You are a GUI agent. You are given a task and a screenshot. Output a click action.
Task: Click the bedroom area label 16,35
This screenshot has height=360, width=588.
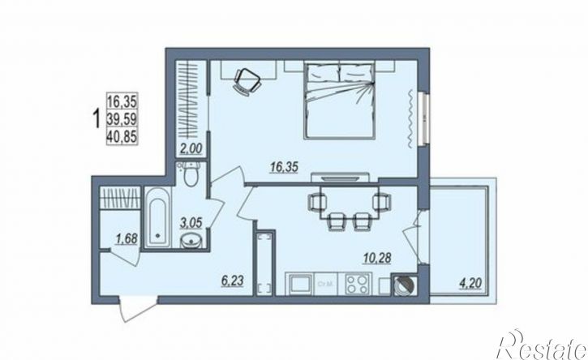tap(284, 167)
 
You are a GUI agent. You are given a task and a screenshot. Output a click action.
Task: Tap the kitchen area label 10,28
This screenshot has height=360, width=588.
tap(377, 258)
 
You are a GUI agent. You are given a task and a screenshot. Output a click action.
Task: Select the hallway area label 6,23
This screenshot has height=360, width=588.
tap(233, 280)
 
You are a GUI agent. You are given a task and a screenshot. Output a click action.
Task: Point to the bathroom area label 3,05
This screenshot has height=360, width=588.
tap(191, 223)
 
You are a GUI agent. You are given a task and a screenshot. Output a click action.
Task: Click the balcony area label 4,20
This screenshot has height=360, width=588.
tap(470, 282)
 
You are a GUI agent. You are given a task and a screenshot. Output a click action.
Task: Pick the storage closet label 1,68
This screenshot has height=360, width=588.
tap(127, 238)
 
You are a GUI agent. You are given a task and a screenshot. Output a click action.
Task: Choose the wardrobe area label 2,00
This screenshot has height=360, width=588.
tap(191, 149)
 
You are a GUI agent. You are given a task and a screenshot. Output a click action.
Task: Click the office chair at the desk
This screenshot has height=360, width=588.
tap(247, 81)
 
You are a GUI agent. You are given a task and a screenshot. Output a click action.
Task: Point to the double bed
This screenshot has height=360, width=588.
tap(340, 101)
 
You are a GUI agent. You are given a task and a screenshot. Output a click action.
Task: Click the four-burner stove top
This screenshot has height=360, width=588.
tap(358, 284)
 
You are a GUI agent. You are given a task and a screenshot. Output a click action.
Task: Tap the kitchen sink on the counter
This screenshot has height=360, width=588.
tap(300, 284)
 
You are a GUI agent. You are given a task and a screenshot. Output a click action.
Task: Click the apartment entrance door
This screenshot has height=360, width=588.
tap(138, 308)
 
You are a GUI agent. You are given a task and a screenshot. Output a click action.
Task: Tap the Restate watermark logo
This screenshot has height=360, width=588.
tap(542, 345)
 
